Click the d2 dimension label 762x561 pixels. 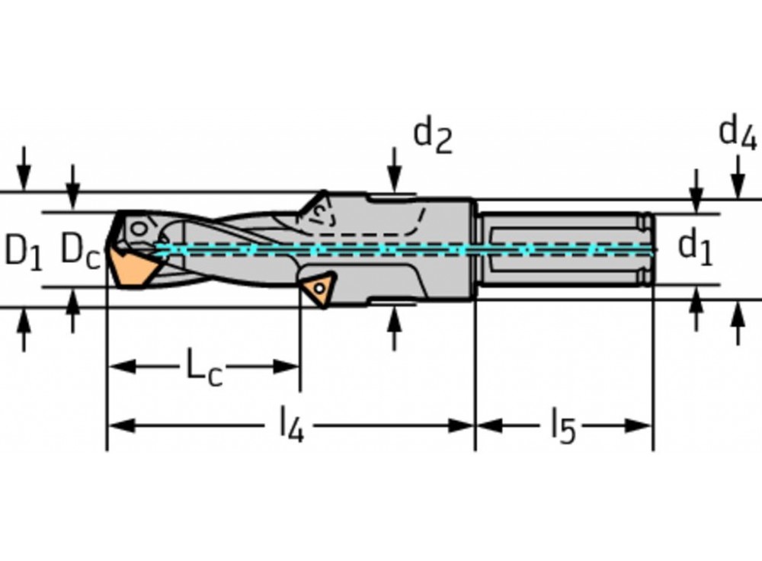point(432,136)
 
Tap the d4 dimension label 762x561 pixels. point(737,134)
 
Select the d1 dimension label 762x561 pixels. point(695,248)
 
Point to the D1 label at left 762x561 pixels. point(23,250)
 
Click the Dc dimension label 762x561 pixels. point(79,250)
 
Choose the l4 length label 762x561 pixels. point(290,425)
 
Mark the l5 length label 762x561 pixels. point(562,425)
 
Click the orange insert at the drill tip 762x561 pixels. point(133,266)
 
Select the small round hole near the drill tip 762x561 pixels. point(138,227)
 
